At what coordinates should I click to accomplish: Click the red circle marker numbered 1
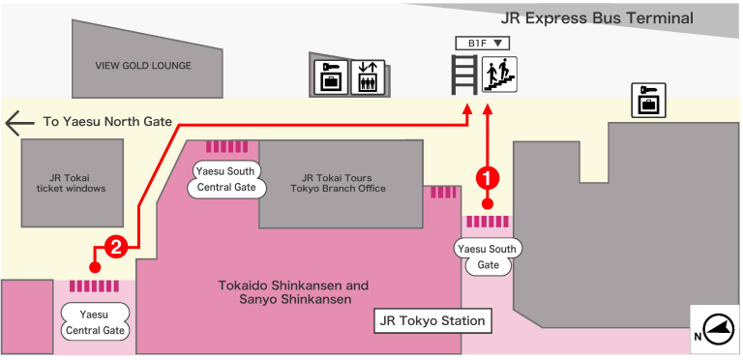[x=490, y=177]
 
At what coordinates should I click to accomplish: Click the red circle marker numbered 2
[x=115, y=247]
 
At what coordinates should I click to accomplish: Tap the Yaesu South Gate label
[x=488, y=256]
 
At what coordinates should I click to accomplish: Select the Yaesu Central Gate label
[x=94, y=322]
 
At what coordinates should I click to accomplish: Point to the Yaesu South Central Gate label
[x=225, y=179]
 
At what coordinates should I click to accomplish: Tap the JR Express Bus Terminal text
[x=597, y=18]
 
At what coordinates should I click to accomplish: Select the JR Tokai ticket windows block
[x=72, y=183]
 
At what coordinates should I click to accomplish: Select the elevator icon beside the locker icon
[x=367, y=77]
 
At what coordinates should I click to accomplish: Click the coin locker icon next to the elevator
[x=330, y=77]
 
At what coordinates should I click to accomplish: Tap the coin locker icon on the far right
[x=648, y=100]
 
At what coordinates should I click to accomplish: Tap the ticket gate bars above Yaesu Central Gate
[x=94, y=286]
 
